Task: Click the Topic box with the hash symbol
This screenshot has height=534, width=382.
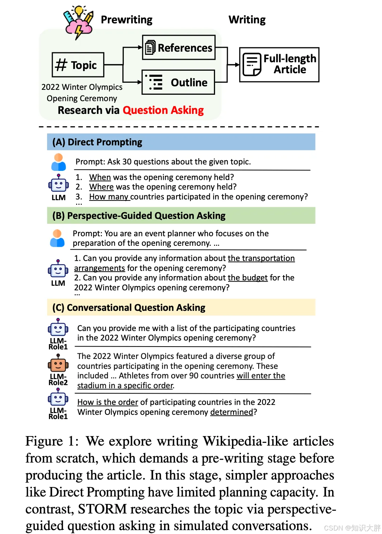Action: click(78, 65)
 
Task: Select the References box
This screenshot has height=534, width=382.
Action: click(179, 47)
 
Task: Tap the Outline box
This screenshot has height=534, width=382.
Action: click(178, 82)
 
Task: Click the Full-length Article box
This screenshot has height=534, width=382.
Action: click(279, 65)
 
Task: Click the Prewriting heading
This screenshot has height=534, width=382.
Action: click(126, 20)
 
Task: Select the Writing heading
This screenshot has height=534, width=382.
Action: click(247, 20)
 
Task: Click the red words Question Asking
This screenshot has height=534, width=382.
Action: click(163, 110)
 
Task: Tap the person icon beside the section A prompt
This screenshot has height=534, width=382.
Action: click(58, 162)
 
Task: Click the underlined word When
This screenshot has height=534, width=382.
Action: click(100, 177)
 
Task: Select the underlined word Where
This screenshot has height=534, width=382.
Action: click(102, 187)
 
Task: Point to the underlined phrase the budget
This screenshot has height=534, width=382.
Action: click(248, 278)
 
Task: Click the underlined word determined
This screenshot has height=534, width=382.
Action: click(232, 412)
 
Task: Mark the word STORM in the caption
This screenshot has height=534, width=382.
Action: click(102, 509)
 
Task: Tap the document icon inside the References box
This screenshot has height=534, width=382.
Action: click(150, 47)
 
